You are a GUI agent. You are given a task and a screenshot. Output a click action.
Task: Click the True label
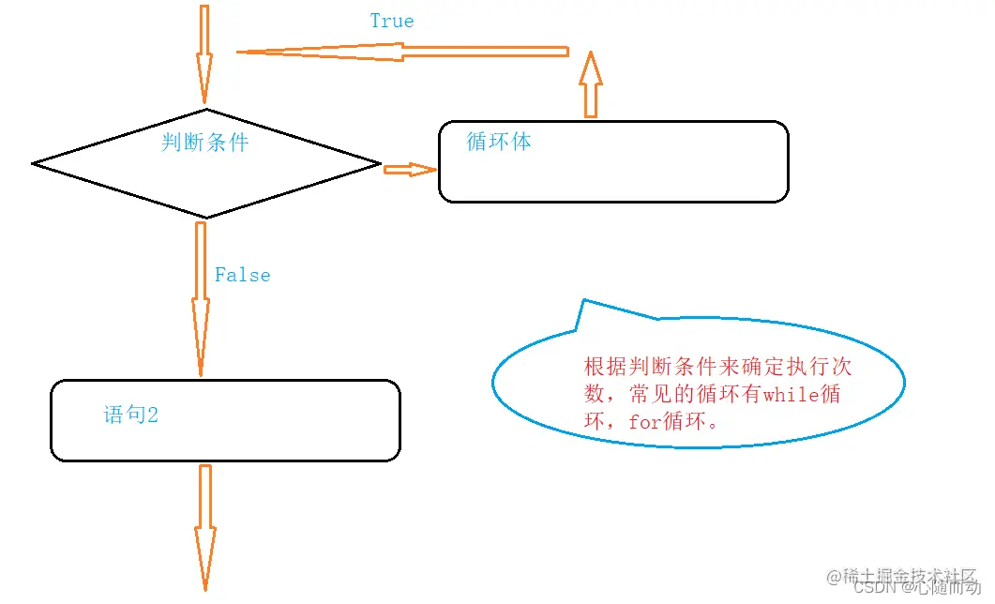391,21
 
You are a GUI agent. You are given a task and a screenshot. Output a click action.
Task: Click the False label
242,275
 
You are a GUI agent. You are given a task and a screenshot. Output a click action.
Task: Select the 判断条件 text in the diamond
204,142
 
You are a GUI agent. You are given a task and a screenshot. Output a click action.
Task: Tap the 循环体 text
499,142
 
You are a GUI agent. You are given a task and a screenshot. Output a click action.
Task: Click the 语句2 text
130,415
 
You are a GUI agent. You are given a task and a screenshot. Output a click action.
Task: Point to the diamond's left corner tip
35,164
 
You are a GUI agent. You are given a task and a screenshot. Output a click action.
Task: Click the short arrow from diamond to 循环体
410,169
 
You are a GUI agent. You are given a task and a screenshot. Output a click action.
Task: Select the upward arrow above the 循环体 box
590,85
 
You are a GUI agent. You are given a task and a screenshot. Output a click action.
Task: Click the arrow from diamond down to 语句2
201,297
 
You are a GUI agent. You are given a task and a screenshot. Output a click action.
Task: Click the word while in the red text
791,395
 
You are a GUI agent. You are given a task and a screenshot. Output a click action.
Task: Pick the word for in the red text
645,422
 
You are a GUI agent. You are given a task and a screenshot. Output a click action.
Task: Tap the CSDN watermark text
876,587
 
